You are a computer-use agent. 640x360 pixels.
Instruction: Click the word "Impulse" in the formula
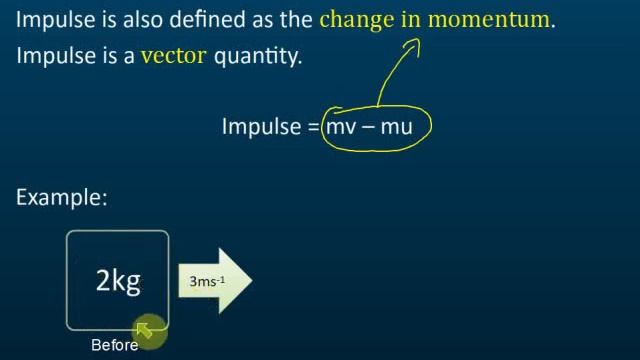pyautogui.click(x=260, y=127)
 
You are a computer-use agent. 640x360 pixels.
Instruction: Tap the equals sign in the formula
pyautogui.click(x=313, y=128)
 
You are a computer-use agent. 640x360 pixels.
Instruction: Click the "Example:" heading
pyautogui.click(x=62, y=198)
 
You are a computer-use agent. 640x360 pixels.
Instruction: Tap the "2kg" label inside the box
pyautogui.click(x=118, y=282)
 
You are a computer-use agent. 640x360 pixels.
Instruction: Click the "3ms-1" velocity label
pyautogui.click(x=207, y=282)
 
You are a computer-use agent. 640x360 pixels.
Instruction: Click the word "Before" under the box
pyautogui.click(x=114, y=346)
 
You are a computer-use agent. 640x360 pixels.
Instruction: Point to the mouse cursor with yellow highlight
pyautogui.click(x=146, y=329)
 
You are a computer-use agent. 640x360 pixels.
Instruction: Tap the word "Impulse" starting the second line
pyautogui.click(x=53, y=57)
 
